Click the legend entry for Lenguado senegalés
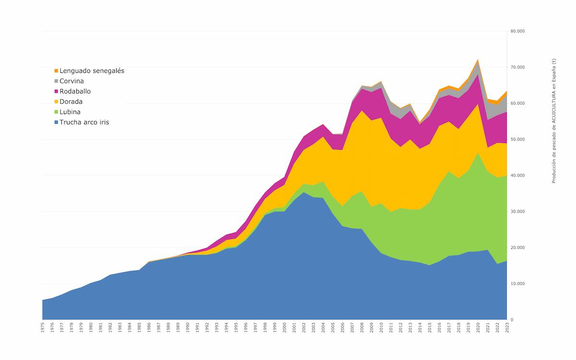click(x=92, y=71)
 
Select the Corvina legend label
click(x=72, y=81)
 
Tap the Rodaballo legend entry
click(x=75, y=91)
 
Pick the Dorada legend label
click(x=71, y=102)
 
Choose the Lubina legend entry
click(x=70, y=112)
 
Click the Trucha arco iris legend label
click(x=84, y=122)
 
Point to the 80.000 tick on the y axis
click(x=517, y=31)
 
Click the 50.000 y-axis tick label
click(x=517, y=139)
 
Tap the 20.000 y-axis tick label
click(x=517, y=247)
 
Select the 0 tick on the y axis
click(x=512, y=320)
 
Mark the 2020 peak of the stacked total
click(x=478, y=60)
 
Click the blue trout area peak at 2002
click(x=303, y=192)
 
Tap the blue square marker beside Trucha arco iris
click(x=56, y=122)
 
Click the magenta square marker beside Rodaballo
click(x=56, y=91)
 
